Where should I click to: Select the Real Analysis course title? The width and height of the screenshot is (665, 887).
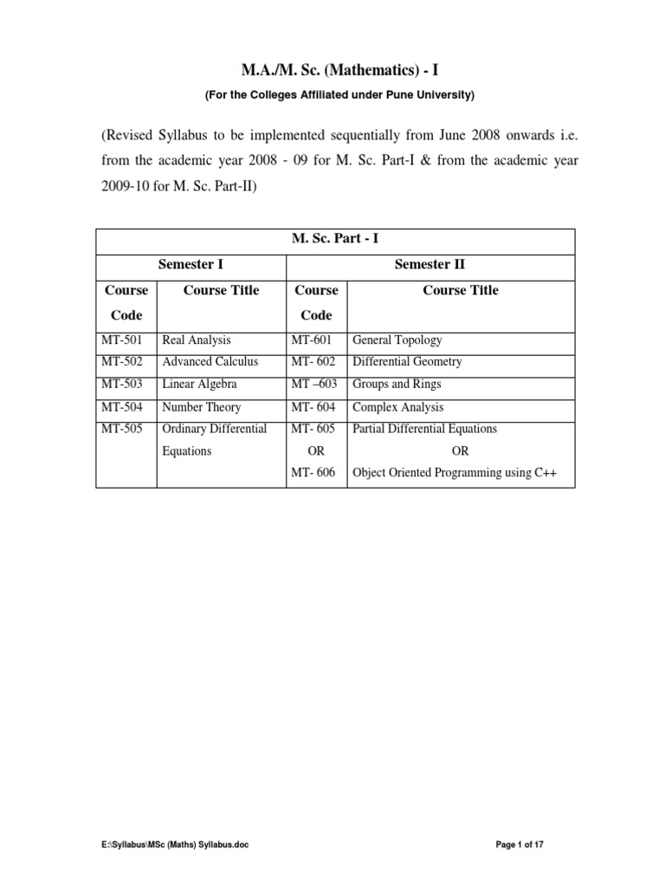[x=197, y=340]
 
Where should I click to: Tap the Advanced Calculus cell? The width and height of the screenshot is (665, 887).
[x=210, y=362]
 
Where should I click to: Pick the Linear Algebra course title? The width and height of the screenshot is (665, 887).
[x=199, y=385]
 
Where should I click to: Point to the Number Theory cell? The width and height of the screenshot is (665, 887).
[x=202, y=407]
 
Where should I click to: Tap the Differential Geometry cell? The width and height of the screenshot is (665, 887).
[x=407, y=362]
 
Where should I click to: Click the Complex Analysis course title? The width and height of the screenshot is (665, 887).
[x=397, y=407]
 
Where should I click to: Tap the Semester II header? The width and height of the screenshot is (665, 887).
[x=430, y=264]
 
